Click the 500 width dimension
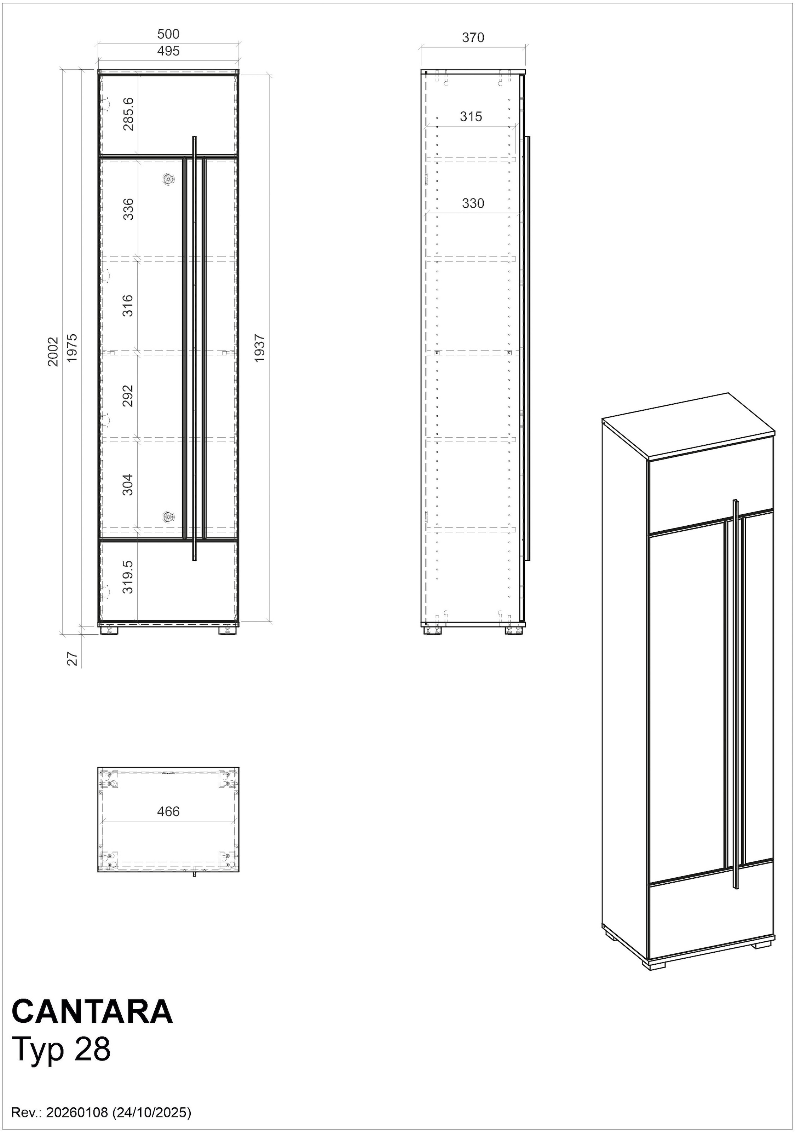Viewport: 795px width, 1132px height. click(168, 34)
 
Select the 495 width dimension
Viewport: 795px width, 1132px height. click(168, 51)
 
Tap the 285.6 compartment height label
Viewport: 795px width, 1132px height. click(128, 114)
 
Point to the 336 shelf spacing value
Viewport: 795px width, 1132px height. click(128, 209)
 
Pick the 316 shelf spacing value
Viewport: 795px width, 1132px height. click(128, 305)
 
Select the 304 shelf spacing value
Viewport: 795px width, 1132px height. click(128, 485)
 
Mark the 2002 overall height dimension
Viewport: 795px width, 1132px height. click(53, 352)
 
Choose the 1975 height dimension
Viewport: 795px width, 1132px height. click(72, 348)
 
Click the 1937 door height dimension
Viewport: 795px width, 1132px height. click(260, 348)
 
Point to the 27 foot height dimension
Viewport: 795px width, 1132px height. click(73, 659)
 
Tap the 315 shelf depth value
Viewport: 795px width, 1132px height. click(471, 116)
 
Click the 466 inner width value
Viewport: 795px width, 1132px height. click(168, 811)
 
